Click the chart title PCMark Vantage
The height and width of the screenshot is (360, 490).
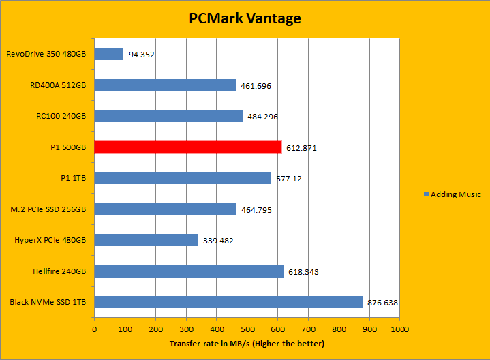coord(245,18)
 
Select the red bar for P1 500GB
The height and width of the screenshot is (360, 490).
coord(188,147)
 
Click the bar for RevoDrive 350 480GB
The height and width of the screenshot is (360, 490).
coord(109,54)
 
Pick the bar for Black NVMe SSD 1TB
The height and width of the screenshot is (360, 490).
coord(228,302)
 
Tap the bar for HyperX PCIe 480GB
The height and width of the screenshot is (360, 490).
coord(147,240)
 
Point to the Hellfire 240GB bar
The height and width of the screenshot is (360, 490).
coord(189,271)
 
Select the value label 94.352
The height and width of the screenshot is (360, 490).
coord(141,55)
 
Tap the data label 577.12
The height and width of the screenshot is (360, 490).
coord(290,179)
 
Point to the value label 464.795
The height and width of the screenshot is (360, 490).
coord(256,210)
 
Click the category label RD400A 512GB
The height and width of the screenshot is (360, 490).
coord(57,85)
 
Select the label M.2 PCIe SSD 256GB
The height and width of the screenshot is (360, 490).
coord(48,209)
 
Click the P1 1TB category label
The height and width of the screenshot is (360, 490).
coord(72,178)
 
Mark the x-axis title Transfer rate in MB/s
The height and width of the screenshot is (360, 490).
coord(247,344)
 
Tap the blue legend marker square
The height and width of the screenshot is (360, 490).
coord(426,194)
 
